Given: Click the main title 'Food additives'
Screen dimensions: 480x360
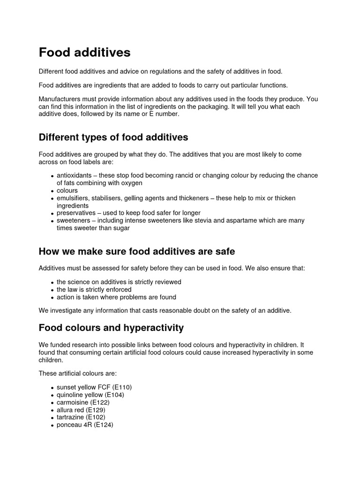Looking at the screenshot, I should click(84, 52).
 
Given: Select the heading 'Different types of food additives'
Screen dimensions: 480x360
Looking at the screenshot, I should click(113, 137).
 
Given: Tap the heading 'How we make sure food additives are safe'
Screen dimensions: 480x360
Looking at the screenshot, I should click(136, 252).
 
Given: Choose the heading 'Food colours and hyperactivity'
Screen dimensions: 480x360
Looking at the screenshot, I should click(111, 327).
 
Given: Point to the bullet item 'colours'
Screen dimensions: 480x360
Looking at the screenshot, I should click(67, 191).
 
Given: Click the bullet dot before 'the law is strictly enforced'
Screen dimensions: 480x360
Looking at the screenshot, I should click(52, 290).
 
